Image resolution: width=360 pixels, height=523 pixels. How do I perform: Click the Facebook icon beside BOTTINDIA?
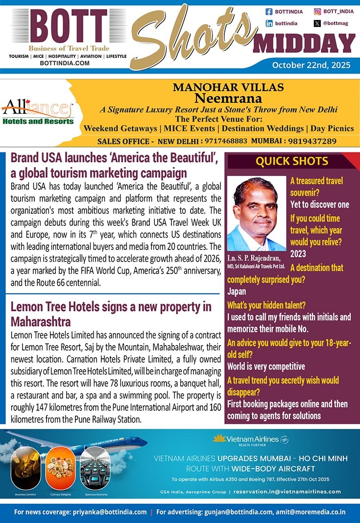click(x=269, y=11)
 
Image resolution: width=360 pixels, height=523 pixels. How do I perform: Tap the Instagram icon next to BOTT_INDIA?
click(x=317, y=11)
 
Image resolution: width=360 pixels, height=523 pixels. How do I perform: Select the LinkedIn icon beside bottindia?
click(x=269, y=23)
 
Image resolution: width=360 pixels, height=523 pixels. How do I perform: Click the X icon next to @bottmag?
click(x=317, y=23)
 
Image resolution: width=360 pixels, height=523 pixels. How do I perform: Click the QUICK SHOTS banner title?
click(x=292, y=161)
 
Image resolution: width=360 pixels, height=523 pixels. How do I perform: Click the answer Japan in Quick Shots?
click(x=237, y=292)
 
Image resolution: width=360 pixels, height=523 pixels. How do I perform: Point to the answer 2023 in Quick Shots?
click(x=298, y=254)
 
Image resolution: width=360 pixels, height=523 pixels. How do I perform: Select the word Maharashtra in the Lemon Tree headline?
click(x=41, y=322)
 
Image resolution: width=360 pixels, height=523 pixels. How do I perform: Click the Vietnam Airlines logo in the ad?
click(x=250, y=440)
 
